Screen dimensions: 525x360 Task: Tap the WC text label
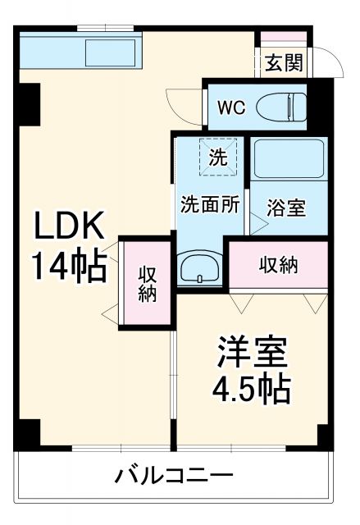(x=230, y=106)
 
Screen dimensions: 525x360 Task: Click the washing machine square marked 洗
(x=217, y=157)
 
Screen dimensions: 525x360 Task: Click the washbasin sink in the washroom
(x=198, y=268)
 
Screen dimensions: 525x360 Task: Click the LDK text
(x=69, y=226)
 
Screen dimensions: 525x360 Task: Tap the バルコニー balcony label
(x=174, y=475)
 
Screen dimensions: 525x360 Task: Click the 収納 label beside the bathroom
(x=279, y=265)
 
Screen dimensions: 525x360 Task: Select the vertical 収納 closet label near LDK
(x=148, y=283)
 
